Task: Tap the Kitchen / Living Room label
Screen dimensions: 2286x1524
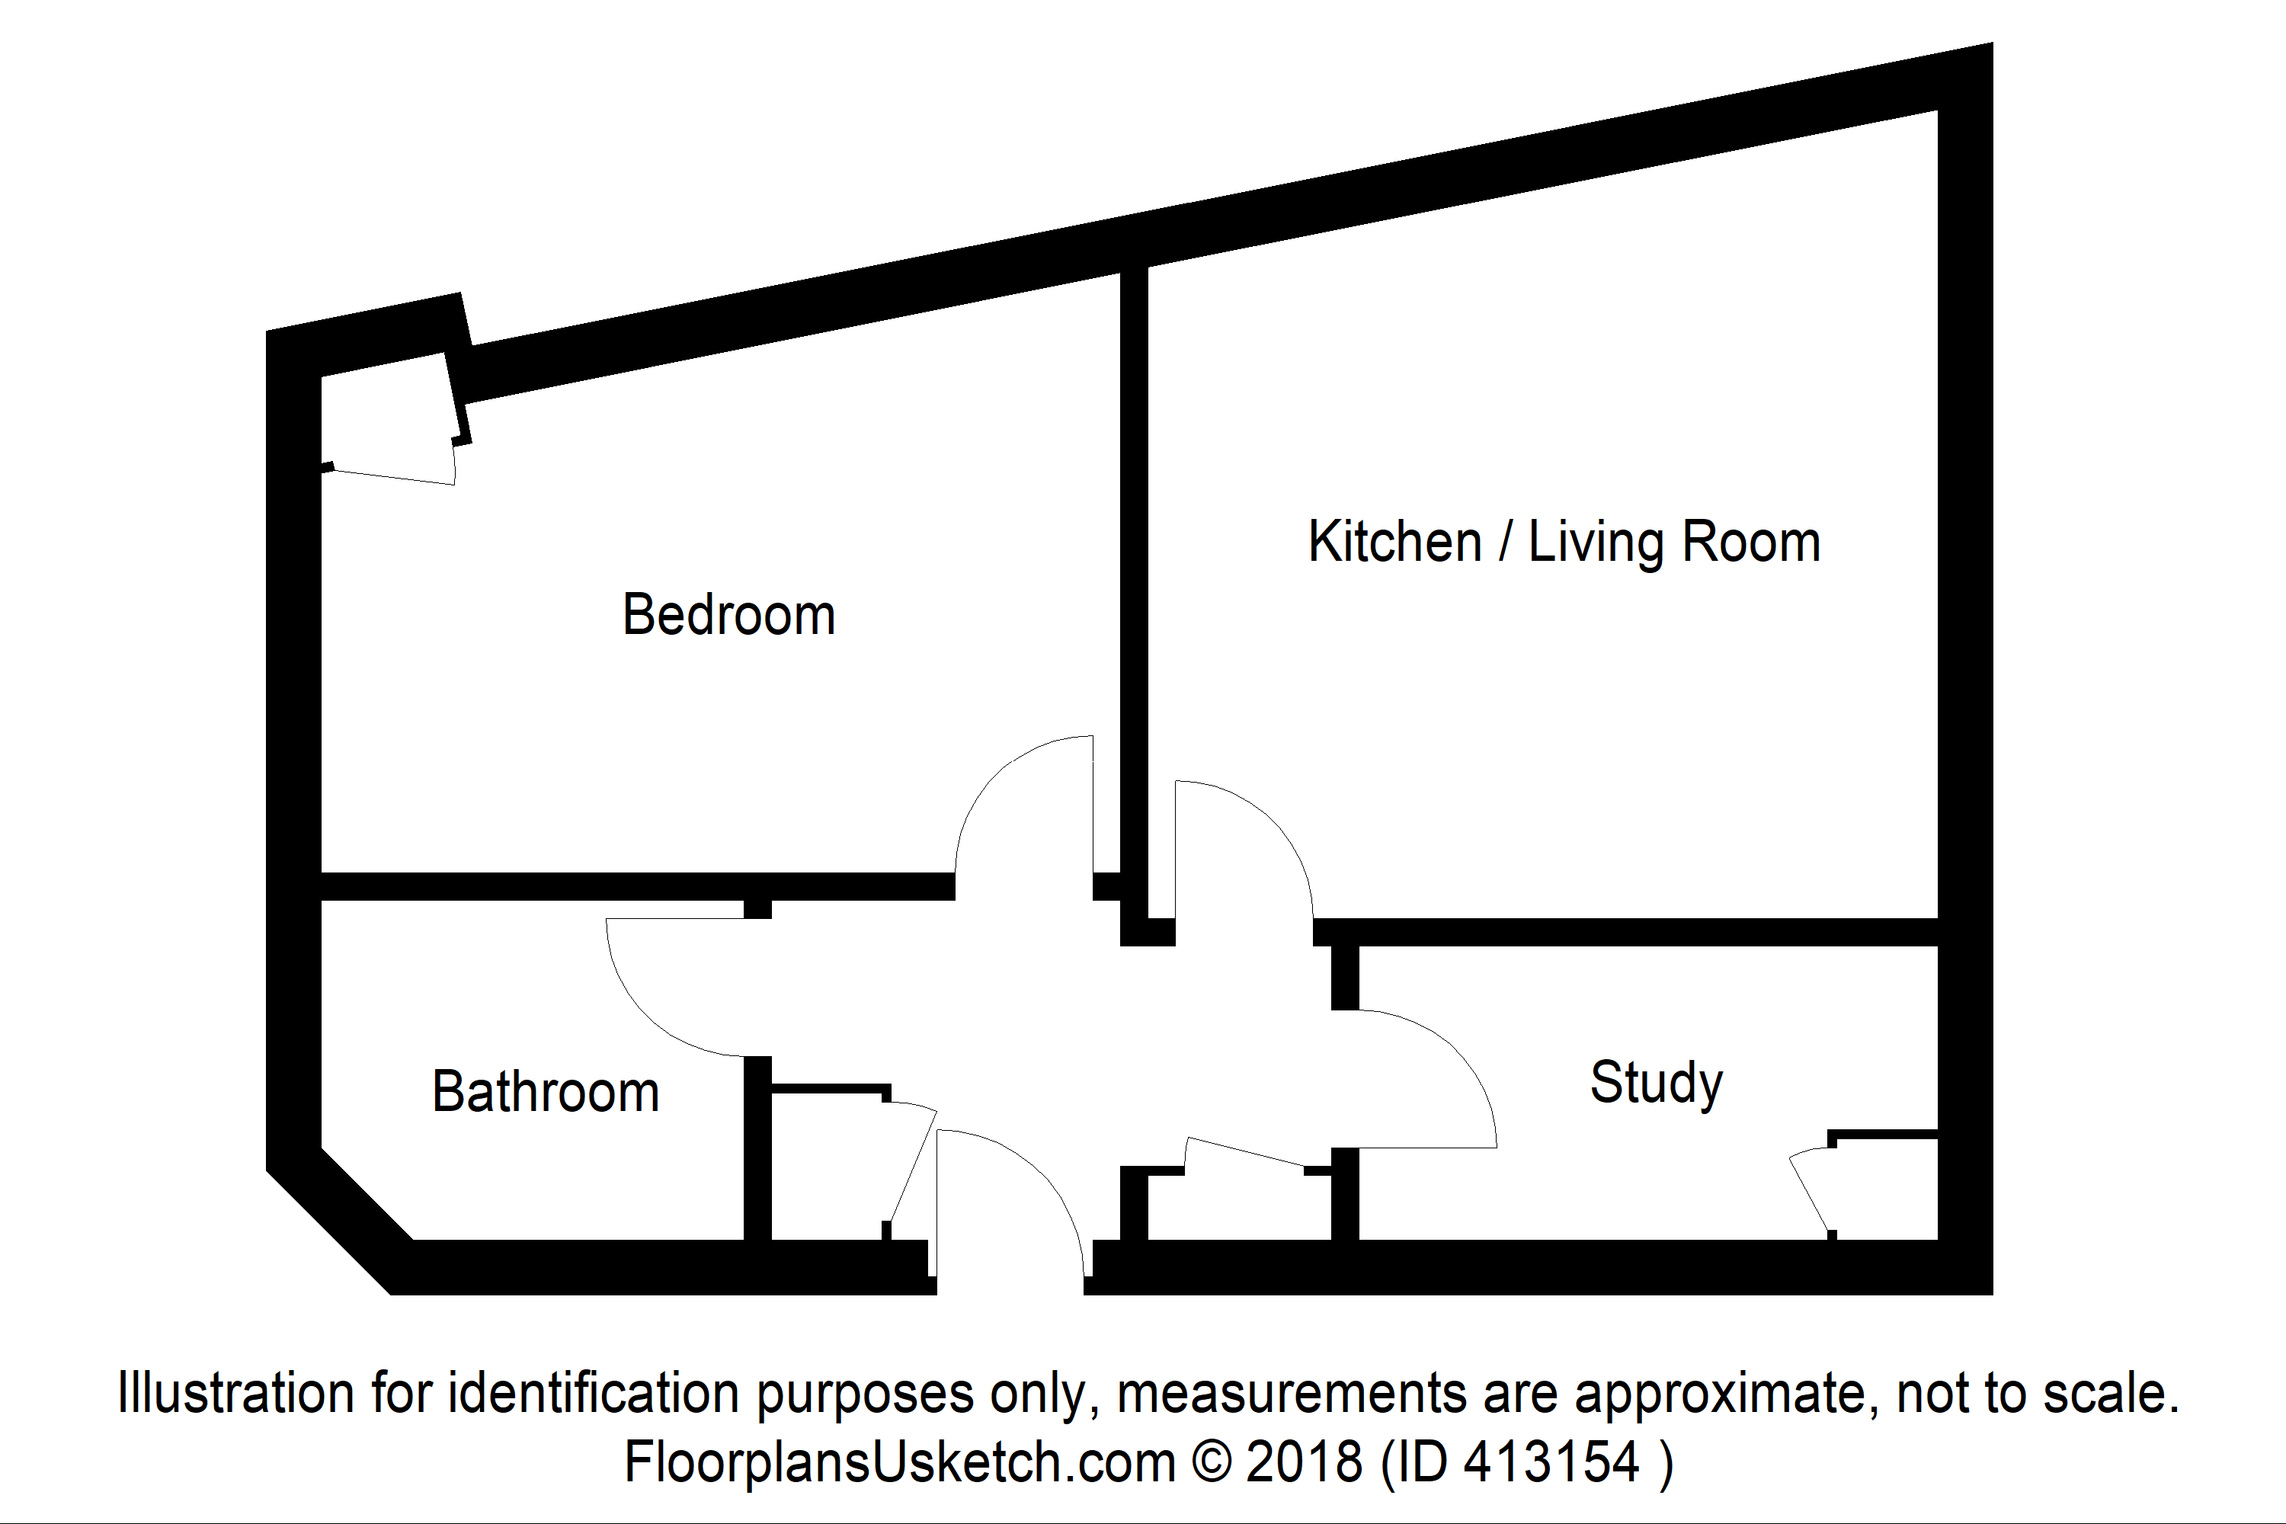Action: click(x=1563, y=543)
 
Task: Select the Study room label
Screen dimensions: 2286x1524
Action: click(x=1655, y=1082)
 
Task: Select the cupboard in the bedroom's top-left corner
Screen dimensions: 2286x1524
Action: click(x=389, y=418)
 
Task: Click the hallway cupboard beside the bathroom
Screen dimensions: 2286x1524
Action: click(x=826, y=1167)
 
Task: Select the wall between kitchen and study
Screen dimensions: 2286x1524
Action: click(x=1623, y=931)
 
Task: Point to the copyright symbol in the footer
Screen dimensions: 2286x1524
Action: click(x=1211, y=1461)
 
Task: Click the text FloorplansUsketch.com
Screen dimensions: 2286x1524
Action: click(x=899, y=1461)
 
